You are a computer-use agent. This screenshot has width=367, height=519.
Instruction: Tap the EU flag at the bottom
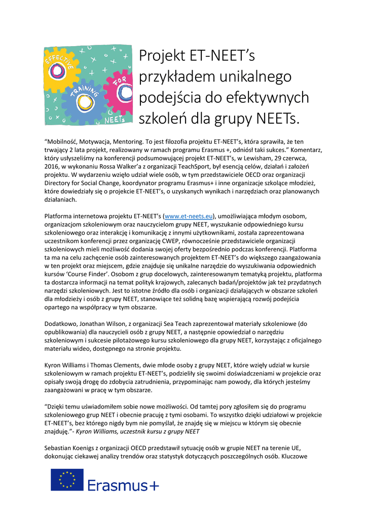click(67, 479)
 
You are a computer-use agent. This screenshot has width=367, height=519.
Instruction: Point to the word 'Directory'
click(60, 183)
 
